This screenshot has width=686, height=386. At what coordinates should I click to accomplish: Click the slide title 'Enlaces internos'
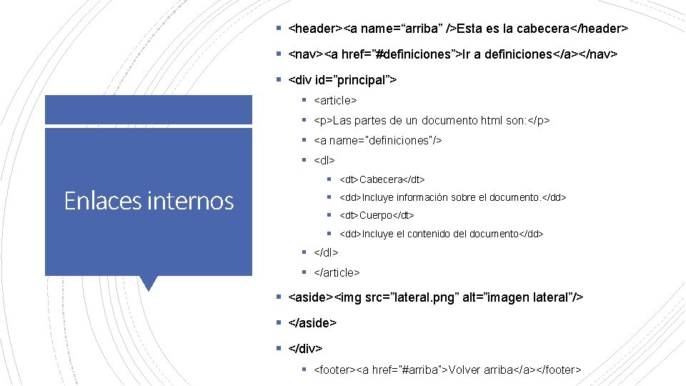[149, 201]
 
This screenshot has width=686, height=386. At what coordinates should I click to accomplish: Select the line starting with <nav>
[452, 54]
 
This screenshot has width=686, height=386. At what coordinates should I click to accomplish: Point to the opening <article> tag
[335, 101]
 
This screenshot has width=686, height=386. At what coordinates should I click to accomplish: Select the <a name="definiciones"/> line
[378, 140]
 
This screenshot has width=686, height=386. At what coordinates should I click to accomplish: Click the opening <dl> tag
[324, 160]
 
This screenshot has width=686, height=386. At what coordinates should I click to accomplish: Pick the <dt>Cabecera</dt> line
[382, 179]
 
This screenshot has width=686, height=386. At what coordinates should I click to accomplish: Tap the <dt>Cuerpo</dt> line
[377, 215]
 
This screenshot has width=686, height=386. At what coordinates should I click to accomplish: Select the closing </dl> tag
[326, 252]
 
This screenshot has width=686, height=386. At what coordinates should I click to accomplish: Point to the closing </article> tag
[337, 272]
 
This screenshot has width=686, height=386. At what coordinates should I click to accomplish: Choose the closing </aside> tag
[312, 322]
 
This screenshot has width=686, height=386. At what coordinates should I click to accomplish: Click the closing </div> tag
[305, 348]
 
